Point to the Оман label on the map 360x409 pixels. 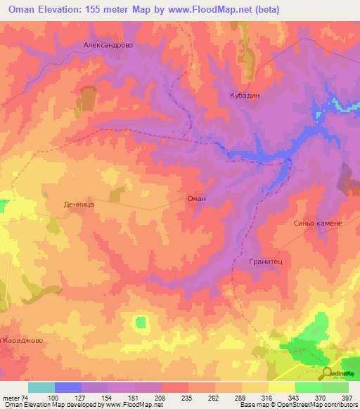pos(196,199)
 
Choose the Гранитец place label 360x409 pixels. pos(265,261)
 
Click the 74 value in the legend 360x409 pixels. pos(25,398)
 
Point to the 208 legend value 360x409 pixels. pos(161,398)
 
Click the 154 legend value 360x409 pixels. pos(108,398)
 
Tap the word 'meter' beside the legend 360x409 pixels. pos(11,398)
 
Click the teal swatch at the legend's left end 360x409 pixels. pos(41,387)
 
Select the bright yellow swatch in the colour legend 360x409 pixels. pos(282,387)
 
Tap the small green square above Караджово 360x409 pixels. pos(142,322)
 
